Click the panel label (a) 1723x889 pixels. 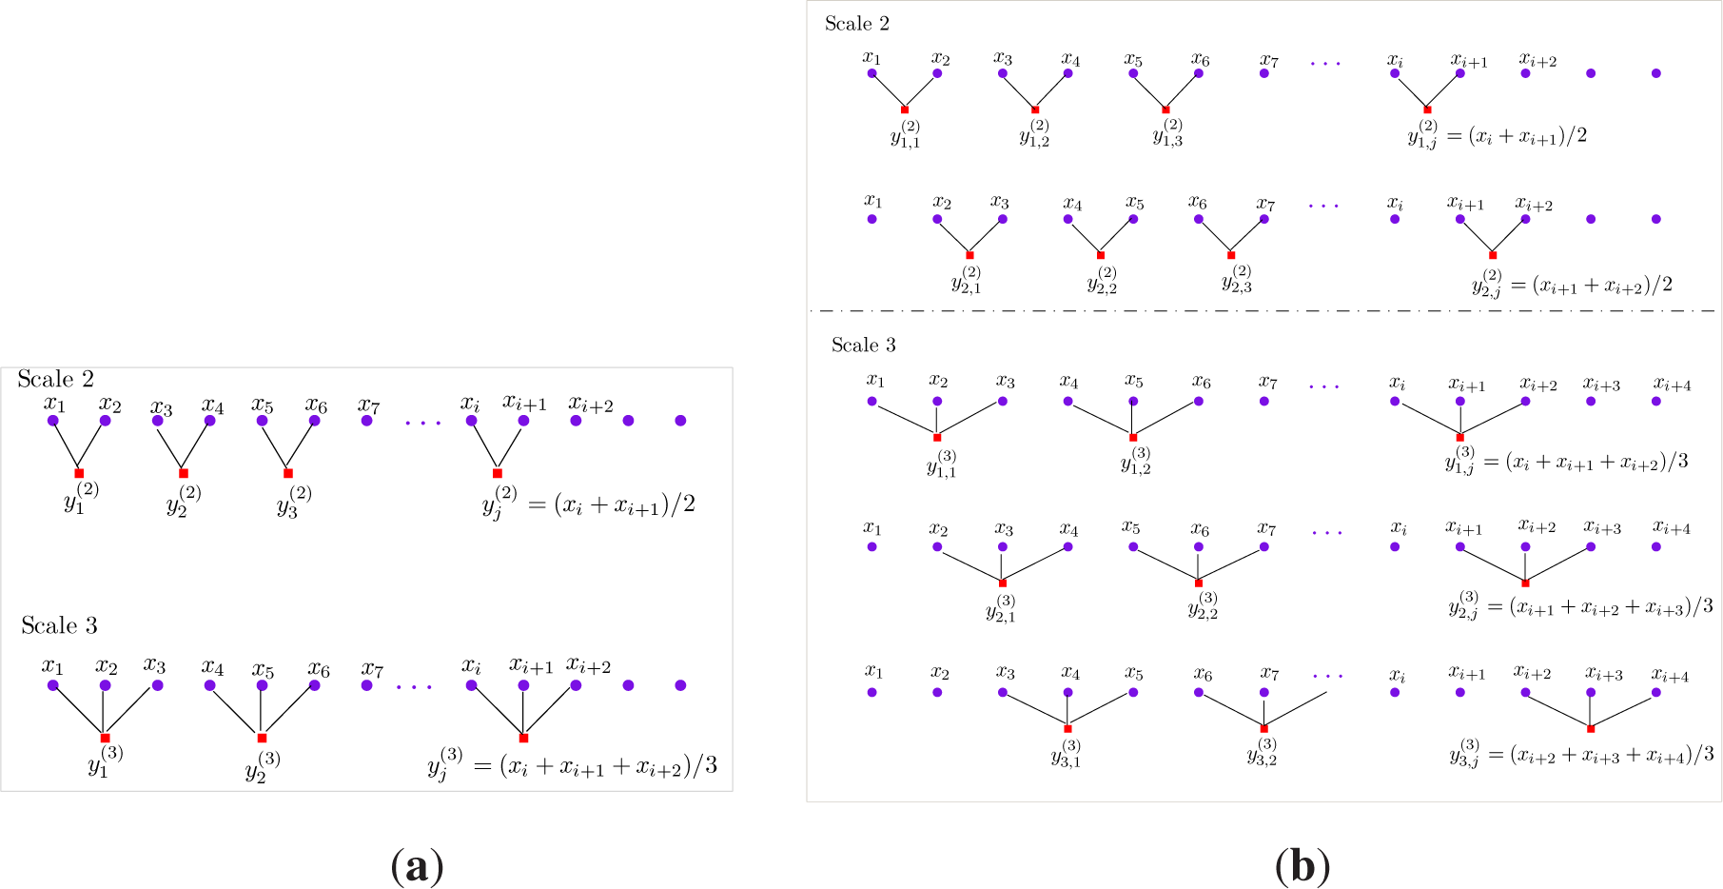417,867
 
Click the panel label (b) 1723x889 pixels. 1302,867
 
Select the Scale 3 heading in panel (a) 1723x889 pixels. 59,625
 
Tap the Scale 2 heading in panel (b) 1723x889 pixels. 856,24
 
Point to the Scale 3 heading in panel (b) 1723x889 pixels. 863,345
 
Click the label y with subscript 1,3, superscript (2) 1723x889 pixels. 1167,134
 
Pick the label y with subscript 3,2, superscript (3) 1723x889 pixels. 1262,753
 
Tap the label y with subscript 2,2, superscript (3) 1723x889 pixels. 1203,606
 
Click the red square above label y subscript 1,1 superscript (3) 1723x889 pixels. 937,438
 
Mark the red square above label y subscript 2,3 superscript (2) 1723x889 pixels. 1231,255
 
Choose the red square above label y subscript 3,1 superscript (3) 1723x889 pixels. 1067,729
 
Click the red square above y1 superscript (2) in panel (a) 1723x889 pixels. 79,473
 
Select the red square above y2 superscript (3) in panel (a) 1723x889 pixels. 262,738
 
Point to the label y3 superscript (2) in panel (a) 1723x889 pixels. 294,501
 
